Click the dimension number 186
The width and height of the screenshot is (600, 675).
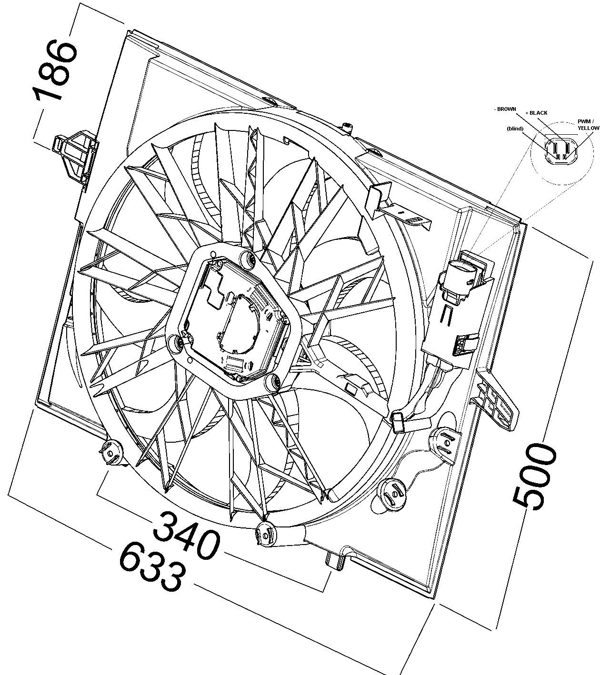(x=55, y=70)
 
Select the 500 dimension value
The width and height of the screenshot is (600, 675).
(x=534, y=478)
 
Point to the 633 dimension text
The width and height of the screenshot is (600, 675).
(x=152, y=567)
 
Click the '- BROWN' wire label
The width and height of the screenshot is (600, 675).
(x=505, y=109)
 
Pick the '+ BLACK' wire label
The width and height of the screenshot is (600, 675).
(x=536, y=113)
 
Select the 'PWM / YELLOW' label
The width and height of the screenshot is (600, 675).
(x=589, y=125)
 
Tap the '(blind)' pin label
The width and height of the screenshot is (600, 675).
(x=515, y=129)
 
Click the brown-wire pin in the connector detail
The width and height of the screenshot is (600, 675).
(x=555, y=147)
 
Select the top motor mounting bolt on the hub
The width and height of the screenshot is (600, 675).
(x=249, y=259)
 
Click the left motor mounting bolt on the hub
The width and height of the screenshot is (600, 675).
(x=176, y=343)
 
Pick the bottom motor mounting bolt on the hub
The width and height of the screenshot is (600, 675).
(x=274, y=383)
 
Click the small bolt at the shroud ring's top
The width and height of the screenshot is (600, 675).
(x=347, y=127)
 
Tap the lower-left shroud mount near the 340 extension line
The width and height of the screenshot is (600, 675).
(x=111, y=452)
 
